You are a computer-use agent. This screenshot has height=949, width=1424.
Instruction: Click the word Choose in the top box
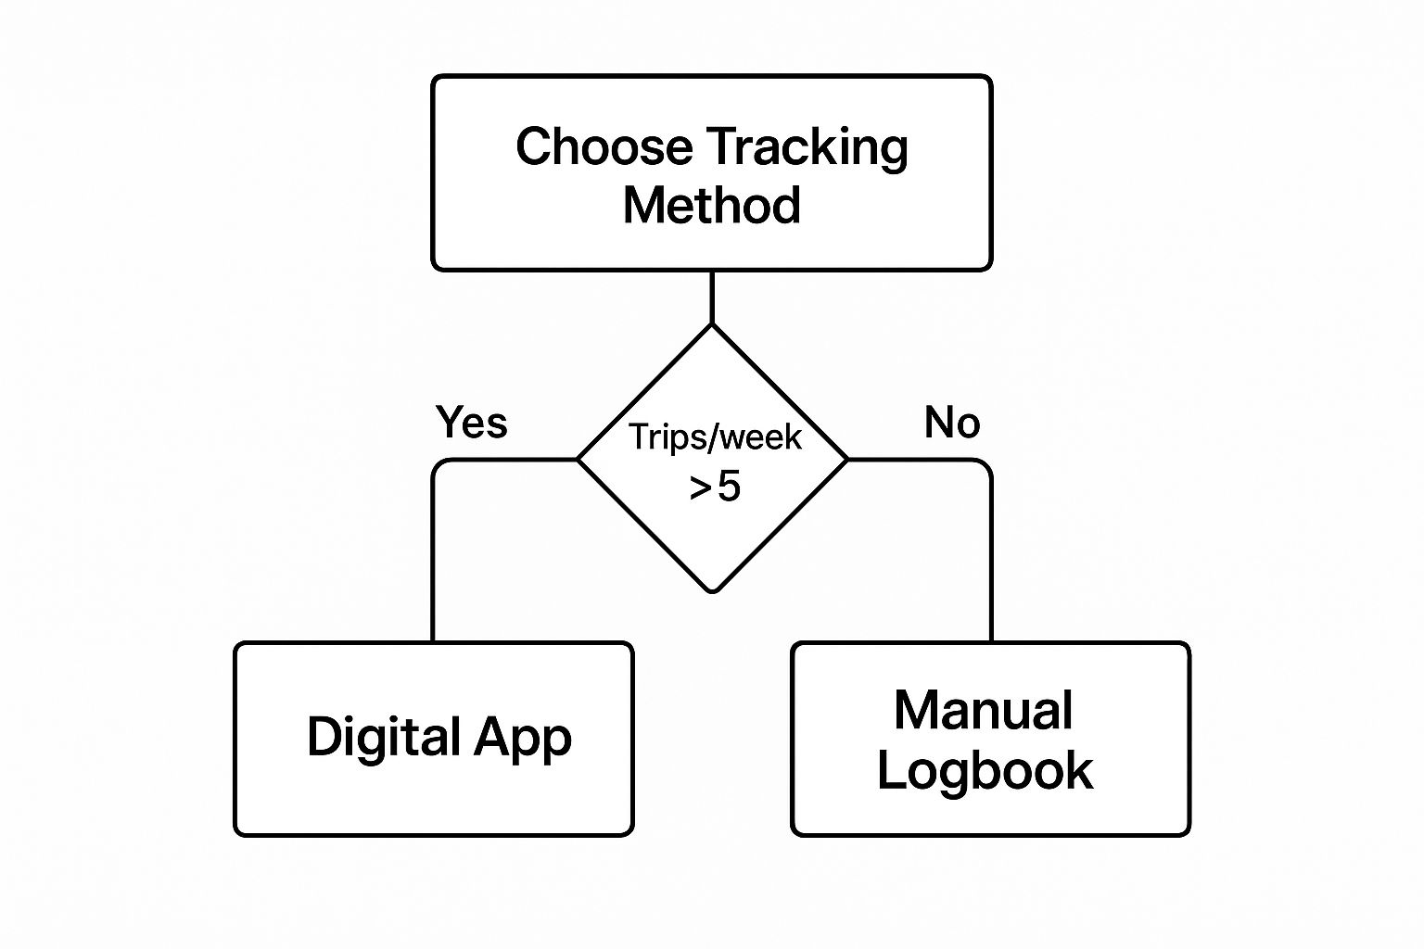pos(604,146)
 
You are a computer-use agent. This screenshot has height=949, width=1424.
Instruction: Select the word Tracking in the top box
pos(807,149)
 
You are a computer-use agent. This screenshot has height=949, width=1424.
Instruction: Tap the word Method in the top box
pos(711,205)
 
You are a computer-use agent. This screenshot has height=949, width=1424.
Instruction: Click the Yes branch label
pos(472,422)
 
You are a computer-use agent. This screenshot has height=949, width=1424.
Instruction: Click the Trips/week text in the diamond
pos(715,437)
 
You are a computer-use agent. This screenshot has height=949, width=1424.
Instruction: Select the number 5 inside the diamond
pos(730,487)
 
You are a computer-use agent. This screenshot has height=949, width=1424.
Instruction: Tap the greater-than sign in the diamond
pos(700,488)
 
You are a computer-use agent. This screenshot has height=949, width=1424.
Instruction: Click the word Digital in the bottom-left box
pos(383,738)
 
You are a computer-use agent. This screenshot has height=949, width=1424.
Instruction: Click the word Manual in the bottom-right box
pos(984,710)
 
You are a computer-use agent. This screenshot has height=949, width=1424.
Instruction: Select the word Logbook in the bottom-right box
pos(985,770)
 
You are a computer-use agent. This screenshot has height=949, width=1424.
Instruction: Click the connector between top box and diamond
pos(712,297)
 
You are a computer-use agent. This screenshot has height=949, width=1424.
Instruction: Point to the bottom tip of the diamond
pos(713,592)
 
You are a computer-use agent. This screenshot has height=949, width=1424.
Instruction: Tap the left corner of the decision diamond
pos(578,459)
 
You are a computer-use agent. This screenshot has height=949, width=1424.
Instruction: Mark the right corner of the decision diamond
pos(847,459)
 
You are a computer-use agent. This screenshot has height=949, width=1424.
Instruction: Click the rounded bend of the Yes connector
pos(439,464)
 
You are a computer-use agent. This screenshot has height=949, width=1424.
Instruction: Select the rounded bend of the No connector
pos(985,464)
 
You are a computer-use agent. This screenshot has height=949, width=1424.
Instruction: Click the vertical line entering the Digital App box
pos(433,560)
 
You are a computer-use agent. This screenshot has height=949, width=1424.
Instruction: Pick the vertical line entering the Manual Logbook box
pos(991,560)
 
